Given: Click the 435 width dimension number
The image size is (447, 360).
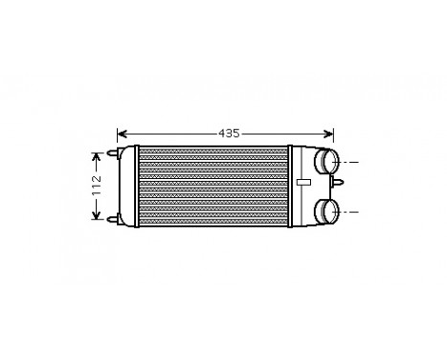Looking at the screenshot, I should pyautogui.click(x=227, y=133).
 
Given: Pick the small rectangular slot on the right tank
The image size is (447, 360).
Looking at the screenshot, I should pyautogui.click(x=303, y=181).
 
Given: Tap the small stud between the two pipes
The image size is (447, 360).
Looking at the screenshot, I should pyautogui.click(x=334, y=187).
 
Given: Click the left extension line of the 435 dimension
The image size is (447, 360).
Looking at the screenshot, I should pyautogui.click(x=117, y=142).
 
